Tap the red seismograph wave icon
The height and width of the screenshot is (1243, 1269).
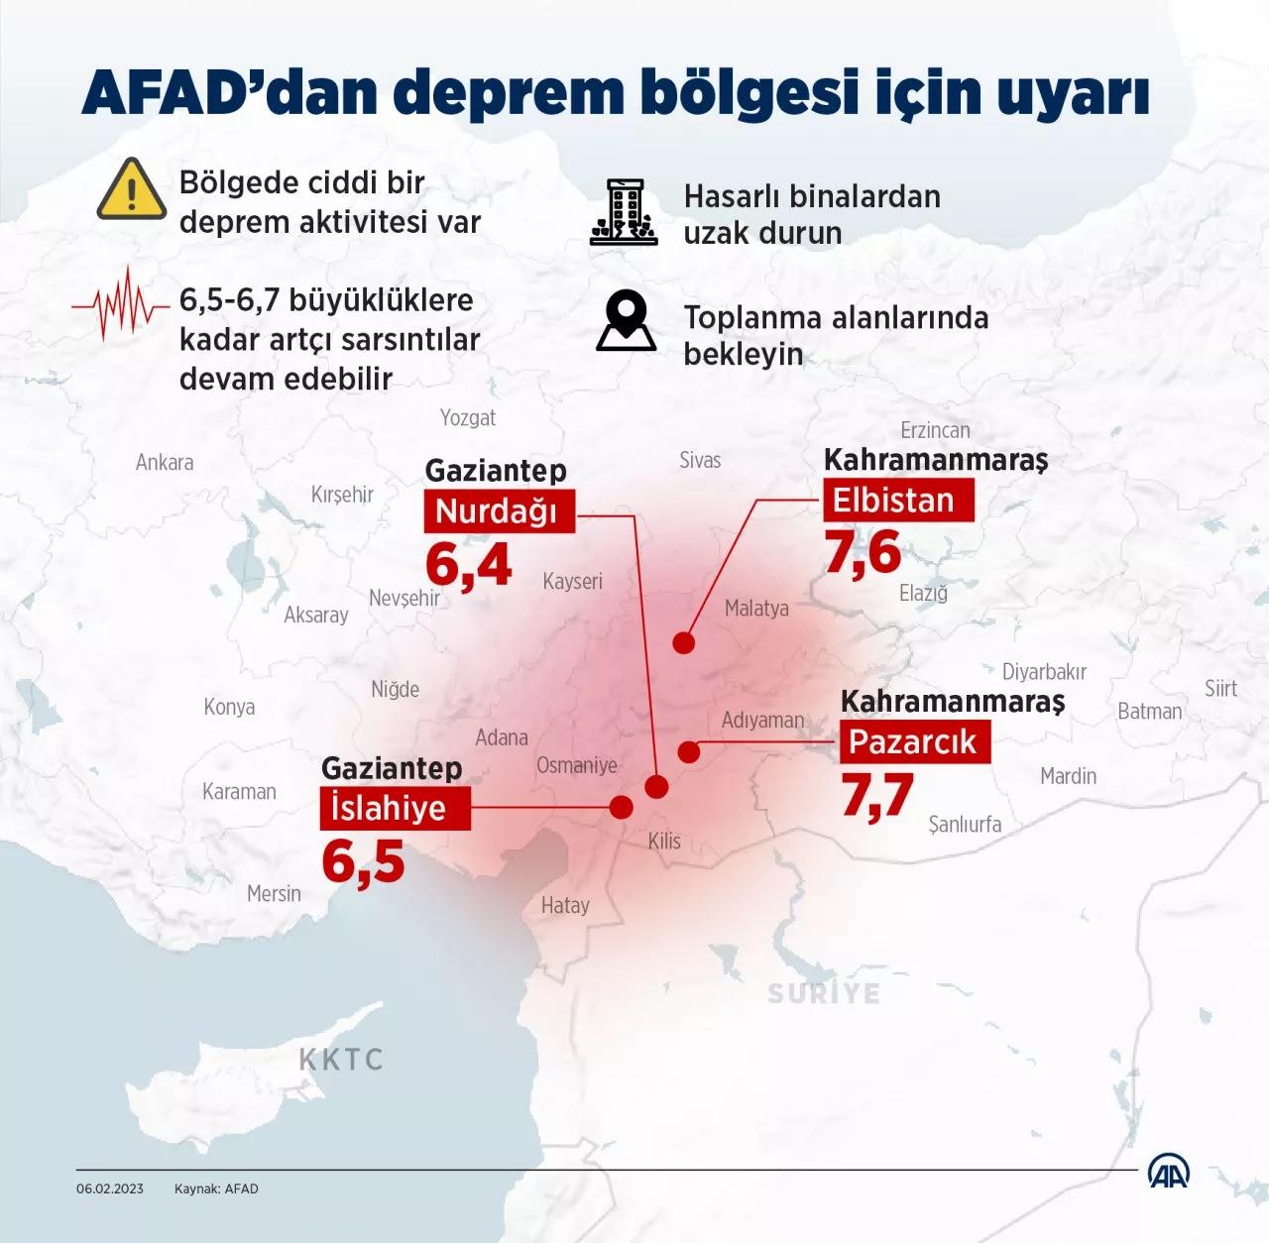coord(120,303)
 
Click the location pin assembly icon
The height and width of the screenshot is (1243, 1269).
coord(626,321)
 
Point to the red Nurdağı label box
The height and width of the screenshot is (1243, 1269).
coord(499,511)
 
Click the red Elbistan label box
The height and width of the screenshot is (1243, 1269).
coord(897,500)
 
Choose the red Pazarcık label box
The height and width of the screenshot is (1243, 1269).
coord(914,741)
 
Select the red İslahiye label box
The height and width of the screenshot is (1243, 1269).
coord(394,808)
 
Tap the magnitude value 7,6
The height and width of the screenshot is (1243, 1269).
coord(863,552)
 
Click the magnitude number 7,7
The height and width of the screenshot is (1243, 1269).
coord(877,795)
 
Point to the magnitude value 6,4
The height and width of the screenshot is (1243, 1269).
coord(468,565)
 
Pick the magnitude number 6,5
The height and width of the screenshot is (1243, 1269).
coord(363,861)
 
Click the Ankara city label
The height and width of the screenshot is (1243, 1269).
coord(165,463)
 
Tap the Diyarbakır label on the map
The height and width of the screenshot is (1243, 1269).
coord(1044,672)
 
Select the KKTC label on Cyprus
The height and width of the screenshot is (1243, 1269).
coord(341,1060)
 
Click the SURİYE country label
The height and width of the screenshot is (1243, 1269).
coord(824,993)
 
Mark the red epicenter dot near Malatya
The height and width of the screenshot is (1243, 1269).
coord(683,643)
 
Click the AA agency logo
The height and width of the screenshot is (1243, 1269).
coord(1168,1173)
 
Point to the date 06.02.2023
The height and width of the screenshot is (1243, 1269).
coord(110,1188)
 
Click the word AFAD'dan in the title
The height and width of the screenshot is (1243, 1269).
coord(230,94)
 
